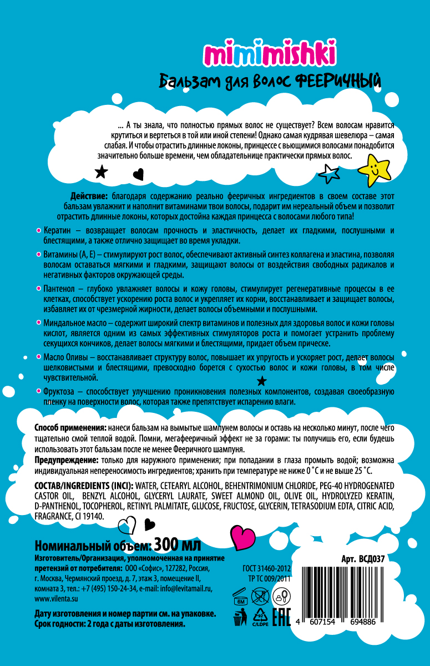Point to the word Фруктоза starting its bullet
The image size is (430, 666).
(x=60, y=391)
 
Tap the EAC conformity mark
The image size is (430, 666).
(x=281, y=617)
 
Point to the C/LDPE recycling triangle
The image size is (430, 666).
(x=258, y=617)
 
